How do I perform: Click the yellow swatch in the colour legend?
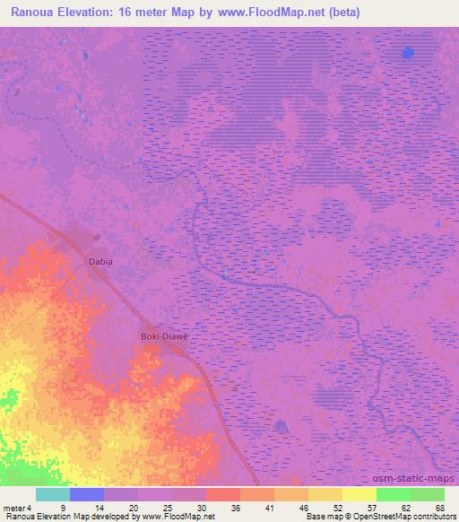(359, 494)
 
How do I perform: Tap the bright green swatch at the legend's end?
(428, 494)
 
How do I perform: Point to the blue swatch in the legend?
(86, 494)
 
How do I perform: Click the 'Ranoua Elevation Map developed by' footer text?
(66, 517)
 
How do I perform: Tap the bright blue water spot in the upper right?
(409, 52)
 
